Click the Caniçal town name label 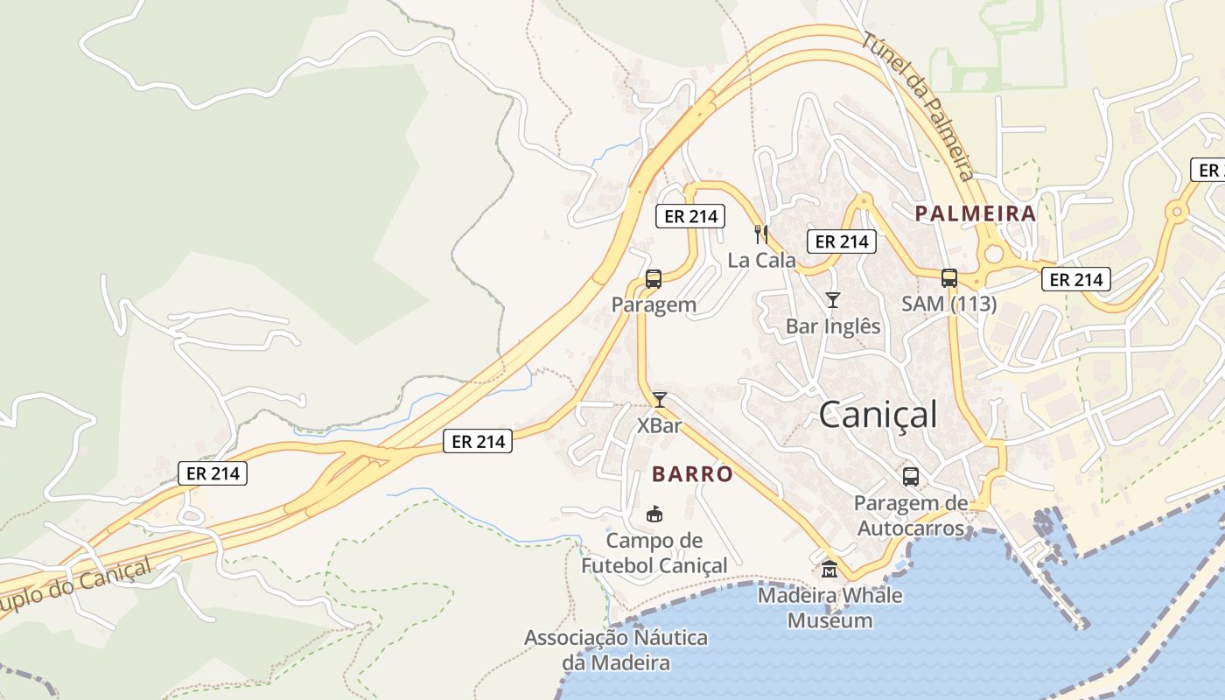click(x=878, y=415)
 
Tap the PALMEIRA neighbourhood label click(x=975, y=213)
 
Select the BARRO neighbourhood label click(x=692, y=474)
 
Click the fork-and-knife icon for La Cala click(x=761, y=234)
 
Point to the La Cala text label click(x=762, y=260)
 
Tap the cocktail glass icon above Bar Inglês click(x=832, y=300)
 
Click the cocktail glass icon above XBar click(x=660, y=400)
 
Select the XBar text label click(x=660, y=426)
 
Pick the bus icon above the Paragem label click(x=653, y=279)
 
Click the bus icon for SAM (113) click(x=949, y=278)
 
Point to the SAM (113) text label click(x=949, y=304)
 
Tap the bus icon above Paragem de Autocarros click(x=911, y=477)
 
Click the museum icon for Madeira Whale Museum click(x=829, y=570)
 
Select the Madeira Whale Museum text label click(x=829, y=608)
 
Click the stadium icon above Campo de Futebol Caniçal click(x=654, y=514)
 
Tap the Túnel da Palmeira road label click(x=919, y=105)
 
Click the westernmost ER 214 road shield click(x=213, y=473)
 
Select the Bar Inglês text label click(x=832, y=326)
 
